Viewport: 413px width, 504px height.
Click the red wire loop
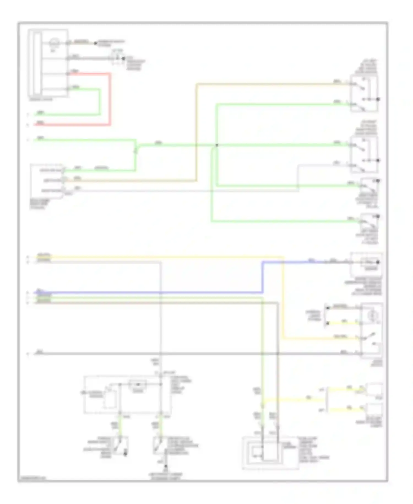(110, 99)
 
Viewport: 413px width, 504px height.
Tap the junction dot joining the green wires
(217, 145)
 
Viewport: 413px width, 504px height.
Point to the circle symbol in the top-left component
(53, 43)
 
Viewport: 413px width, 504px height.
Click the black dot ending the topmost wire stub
(96, 43)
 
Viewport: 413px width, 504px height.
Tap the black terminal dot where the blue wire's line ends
(378, 262)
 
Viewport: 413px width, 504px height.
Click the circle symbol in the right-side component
(372, 314)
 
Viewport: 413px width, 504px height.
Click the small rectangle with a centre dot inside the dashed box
(138, 384)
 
